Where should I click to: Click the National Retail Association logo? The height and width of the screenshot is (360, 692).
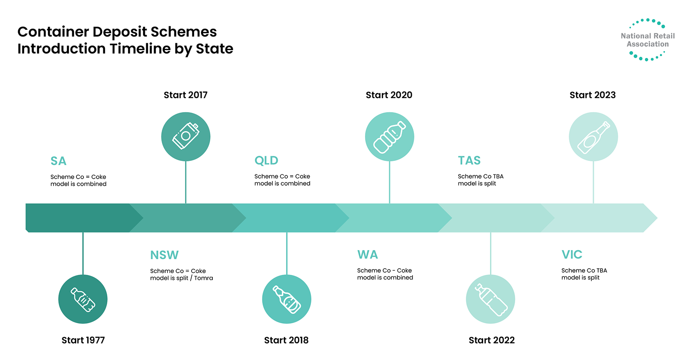647,39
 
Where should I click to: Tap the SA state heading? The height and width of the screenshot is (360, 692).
58,161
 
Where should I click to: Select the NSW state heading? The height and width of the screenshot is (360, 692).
164,255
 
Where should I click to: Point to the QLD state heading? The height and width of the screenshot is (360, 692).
266,161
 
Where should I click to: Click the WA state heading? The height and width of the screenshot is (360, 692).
368,254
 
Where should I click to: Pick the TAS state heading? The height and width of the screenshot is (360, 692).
469,161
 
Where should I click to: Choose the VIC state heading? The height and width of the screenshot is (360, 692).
572,254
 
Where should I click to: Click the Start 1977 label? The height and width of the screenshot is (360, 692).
83,340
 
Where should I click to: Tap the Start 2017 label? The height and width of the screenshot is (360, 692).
186,95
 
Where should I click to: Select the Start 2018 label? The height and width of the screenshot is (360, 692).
286,340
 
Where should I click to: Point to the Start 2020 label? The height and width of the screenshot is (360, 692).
389,95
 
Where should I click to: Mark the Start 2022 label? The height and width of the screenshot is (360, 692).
491,340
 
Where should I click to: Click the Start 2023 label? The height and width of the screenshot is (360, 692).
593,95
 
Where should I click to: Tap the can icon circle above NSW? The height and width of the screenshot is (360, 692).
186,137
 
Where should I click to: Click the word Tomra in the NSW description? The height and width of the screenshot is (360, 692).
204,278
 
